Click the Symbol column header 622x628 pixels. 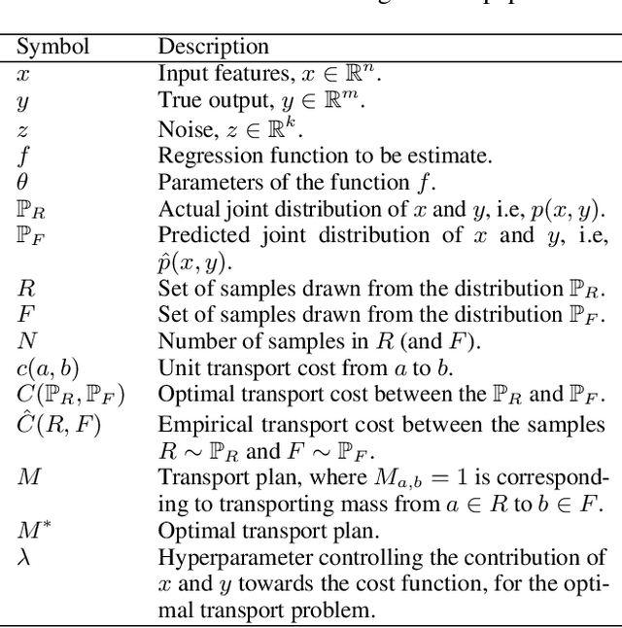(53, 46)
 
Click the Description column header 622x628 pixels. (213, 46)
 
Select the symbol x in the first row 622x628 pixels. (23, 72)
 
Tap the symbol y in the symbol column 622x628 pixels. (23, 100)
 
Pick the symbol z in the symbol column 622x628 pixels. (23, 127)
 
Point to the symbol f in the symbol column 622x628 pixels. (24, 156)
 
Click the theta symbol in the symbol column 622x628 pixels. (23, 182)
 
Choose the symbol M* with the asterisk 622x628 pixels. (30, 529)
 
